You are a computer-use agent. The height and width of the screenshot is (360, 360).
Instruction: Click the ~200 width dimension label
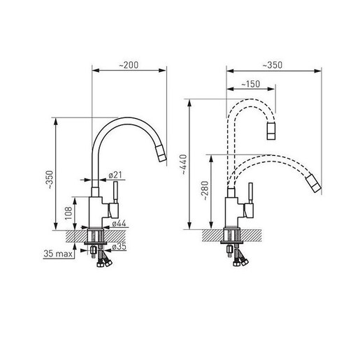tap(129, 65)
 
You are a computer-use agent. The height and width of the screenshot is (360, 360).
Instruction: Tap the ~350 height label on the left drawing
tap(50, 180)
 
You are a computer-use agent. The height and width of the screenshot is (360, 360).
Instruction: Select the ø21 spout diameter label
tap(115, 175)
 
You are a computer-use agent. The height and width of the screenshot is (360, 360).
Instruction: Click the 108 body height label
tap(69, 213)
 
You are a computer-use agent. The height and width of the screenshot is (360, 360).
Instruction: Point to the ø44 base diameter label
tap(119, 224)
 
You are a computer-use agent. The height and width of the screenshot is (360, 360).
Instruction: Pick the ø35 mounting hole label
tap(119, 246)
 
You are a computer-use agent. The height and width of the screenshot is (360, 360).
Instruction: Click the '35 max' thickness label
tap(58, 254)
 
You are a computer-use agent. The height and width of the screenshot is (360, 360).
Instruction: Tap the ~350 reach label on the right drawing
tap(273, 65)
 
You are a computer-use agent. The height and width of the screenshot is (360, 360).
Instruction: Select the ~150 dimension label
tap(250, 84)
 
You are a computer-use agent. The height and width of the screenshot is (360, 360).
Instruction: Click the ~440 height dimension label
tap(183, 164)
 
